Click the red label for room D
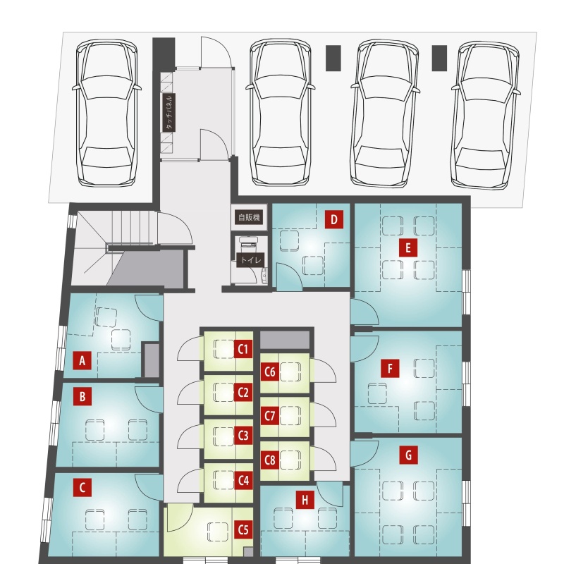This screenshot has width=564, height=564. click(x=333, y=219)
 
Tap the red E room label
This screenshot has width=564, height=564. click(x=408, y=248)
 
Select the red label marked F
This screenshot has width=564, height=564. click(x=391, y=368)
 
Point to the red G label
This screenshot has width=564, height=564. click(x=409, y=455)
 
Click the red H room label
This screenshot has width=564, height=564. click(x=305, y=500)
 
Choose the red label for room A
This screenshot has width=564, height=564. click(x=82, y=360)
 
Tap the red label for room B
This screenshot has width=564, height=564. click(x=82, y=396)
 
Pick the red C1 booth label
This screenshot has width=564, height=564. click(x=243, y=349)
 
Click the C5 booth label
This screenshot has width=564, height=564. click(x=243, y=529)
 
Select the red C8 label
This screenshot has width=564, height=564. click(x=270, y=460)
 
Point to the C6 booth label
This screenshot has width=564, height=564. click(x=270, y=372)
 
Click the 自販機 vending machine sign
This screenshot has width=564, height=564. click(x=250, y=217)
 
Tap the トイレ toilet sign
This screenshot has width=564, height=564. click(x=251, y=259)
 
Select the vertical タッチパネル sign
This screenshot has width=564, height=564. click(x=168, y=113)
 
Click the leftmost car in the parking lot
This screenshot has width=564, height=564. click(x=107, y=113)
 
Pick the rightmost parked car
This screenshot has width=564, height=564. click(x=486, y=115)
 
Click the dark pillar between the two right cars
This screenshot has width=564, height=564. click(x=439, y=58)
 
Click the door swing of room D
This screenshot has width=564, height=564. click(x=290, y=276)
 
